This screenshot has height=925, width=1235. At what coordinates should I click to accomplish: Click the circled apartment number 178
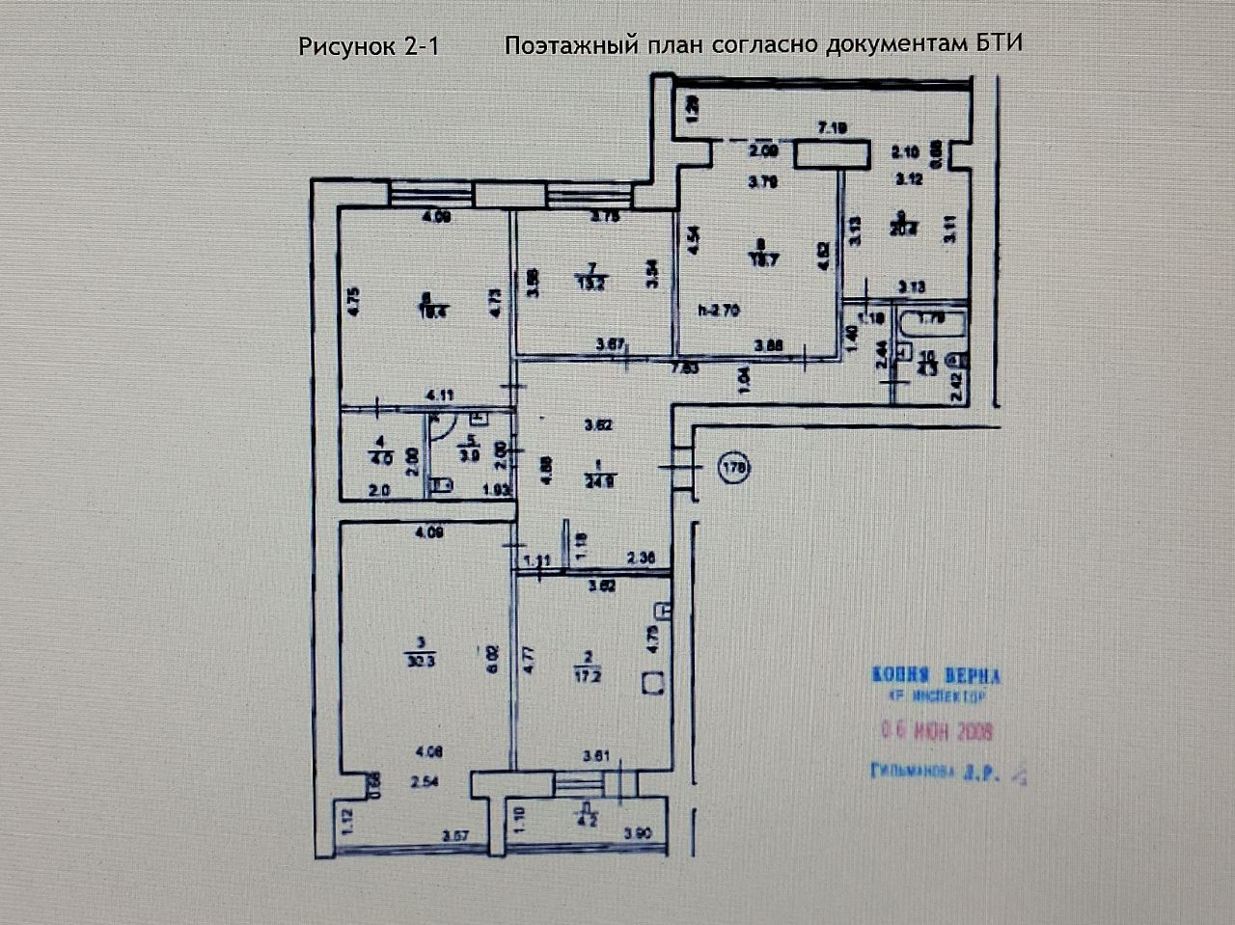coord(737,470)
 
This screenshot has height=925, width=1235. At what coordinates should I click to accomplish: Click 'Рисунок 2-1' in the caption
coord(369,46)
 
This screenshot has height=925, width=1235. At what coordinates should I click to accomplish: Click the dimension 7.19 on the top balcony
coord(831,127)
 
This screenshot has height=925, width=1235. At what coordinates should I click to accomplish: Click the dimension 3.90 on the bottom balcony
coord(636,834)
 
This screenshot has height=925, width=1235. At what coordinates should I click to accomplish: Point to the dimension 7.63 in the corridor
coord(684,367)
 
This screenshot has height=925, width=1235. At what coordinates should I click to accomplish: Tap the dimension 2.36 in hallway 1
coord(641,557)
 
